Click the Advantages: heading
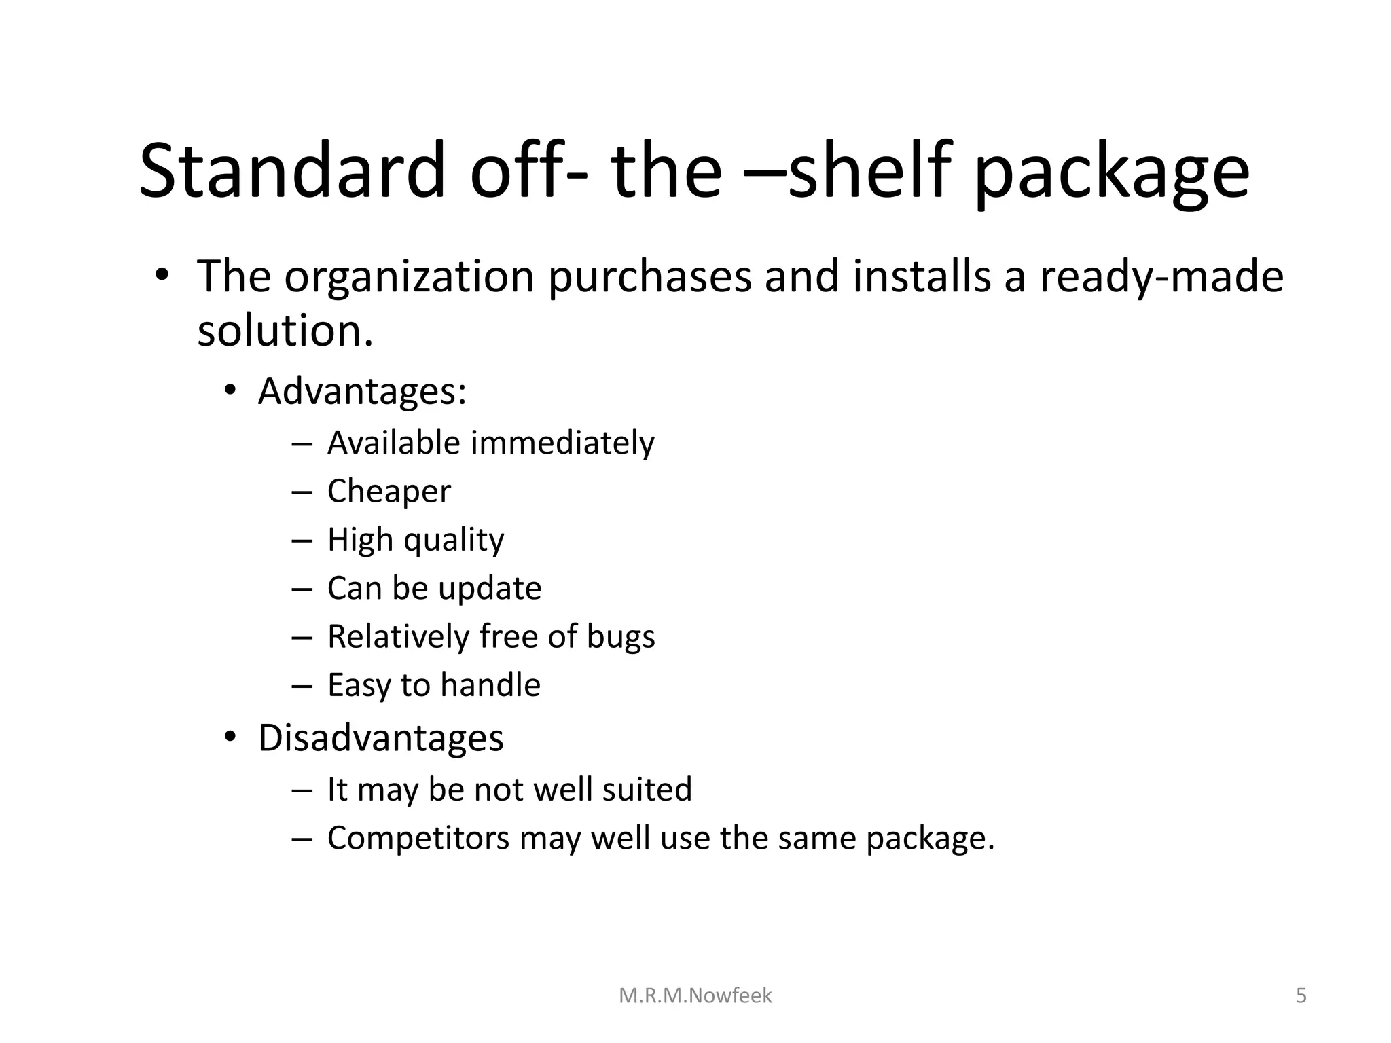pos(362,391)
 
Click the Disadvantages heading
pos(380,737)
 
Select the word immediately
pos(562,443)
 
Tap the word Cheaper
pos(389,491)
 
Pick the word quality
pos(454,541)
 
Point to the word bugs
pos(621,637)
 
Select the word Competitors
pos(418,838)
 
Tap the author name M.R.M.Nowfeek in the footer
pos(695,995)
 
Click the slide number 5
pos(1301,995)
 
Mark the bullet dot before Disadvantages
pos(230,737)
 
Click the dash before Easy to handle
pos(301,686)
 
